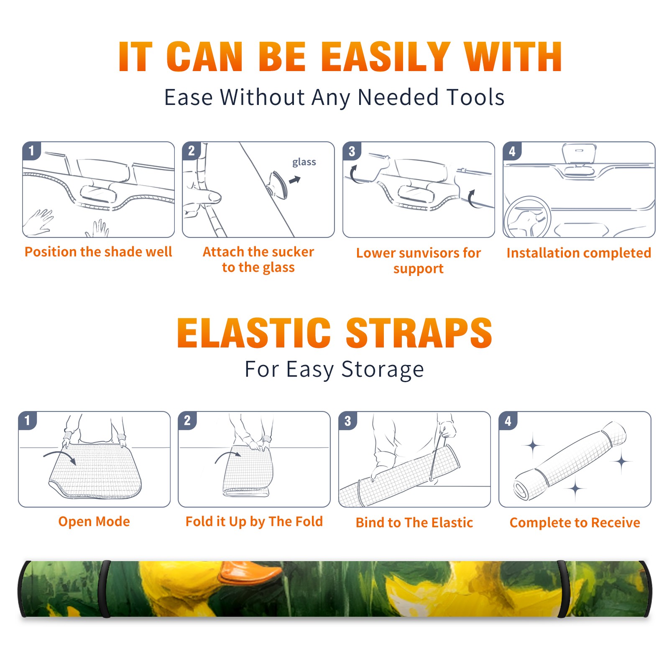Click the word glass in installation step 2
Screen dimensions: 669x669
pyautogui.click(x=304, y=162)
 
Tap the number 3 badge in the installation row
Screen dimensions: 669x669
pyautogui.click(x=352, y=151)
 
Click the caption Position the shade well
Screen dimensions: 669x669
pyautogui.click(x=98, y=252)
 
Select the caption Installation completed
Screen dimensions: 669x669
pyautogui.click(x=579, y=253)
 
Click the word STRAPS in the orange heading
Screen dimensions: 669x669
pyautogui.click(x=419, y=333)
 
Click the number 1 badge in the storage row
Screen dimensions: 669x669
pyautogui.click(x=28, y=420)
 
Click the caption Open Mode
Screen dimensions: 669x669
pyautogui.click(x=94, y=521)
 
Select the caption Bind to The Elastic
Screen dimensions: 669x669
pyautogui.click(x=414, y=523)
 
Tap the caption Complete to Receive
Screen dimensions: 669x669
pyautogui.click(x=575, y=523)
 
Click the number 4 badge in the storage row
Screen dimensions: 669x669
pyautogui.click(x=508, y=421)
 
